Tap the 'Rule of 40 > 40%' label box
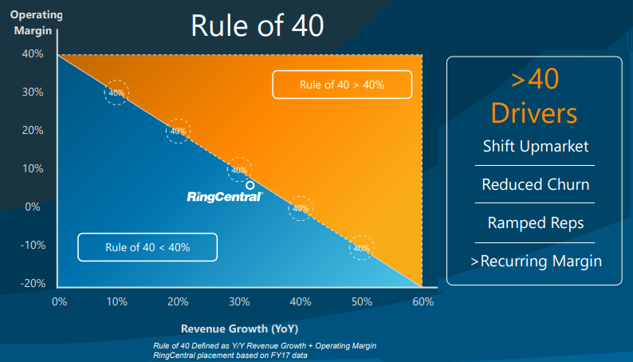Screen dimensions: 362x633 pyautogui.click(x=342, y=85)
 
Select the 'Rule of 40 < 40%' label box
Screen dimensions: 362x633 pyautogui.click(x=147, y=246)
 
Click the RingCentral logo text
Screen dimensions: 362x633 pyautogui.click(x=224, y=196)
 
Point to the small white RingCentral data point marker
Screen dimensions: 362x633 pyautogui.click(x=250, y=185)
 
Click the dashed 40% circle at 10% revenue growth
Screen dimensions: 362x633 pyautogui.click(x=116, y=93)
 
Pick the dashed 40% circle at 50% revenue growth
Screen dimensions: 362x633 pyautogui.click(x=361, y=248)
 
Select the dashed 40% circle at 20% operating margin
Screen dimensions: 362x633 pyautogui.click(x=178, y=132)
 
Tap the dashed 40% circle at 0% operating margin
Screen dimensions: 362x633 pyautogui.click(x=300, y=209)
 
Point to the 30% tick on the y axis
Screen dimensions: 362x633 pyautogui.click(x=33, y=92)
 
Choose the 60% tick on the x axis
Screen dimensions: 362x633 pyautogui.click(x=423, y=302)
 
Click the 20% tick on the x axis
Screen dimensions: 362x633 pyautogui.click(x=178, y=302)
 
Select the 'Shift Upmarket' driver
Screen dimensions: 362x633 pyautogui.click(x=535, y=147)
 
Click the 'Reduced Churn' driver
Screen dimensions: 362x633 pyautogui.click(x=535, y=185)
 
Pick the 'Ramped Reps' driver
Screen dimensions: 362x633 pyautogui.click(x=535, y=222)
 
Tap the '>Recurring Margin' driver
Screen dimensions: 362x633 pyautogui.click(x=535, y=261)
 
